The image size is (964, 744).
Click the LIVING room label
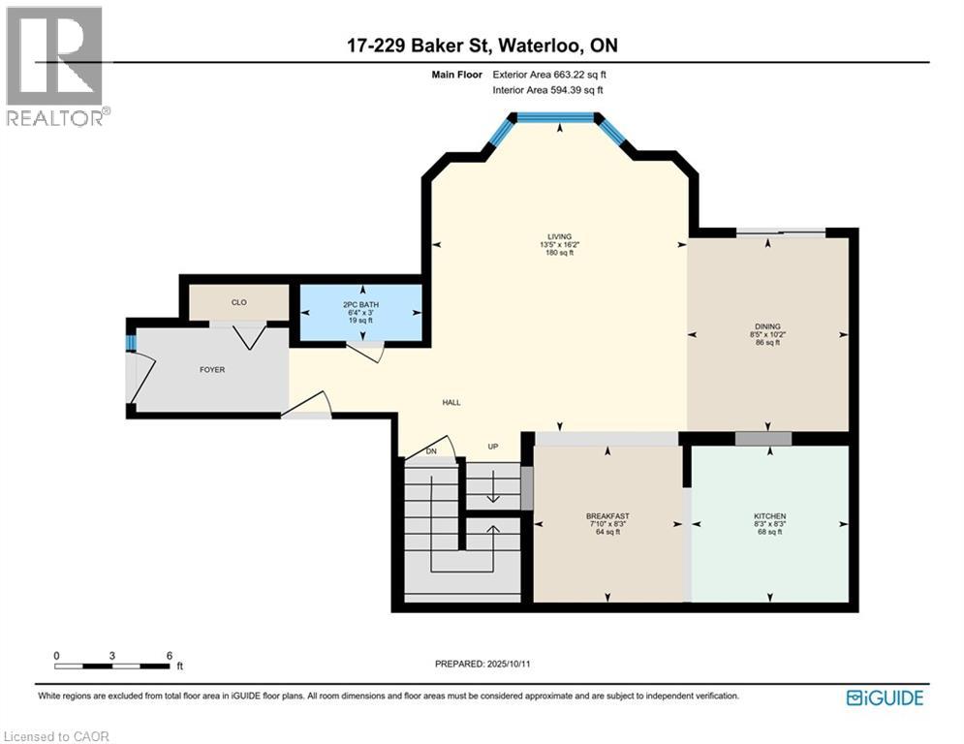[x=559, y=236]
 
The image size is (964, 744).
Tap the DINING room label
[x=767, y=326]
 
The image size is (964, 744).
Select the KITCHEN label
[x=769, y=516]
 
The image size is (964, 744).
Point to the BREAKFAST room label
[x=607, y=515]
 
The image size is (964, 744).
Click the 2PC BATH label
[x=361, y=305]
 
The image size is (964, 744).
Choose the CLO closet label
[x=238, y=302]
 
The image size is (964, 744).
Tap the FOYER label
[x=212, y=369]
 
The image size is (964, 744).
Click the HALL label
[x=451, y=402]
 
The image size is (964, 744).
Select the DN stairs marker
[x=432, y=452]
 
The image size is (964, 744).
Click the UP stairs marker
[x=492, y=447]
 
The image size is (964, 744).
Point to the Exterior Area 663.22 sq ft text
[x=549, y=75]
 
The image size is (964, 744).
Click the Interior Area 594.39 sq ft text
[x=547, y=90]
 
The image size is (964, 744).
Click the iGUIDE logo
[x=885, y=697]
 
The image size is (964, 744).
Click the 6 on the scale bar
[x=170, y=655]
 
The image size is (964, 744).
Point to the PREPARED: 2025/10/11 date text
[x=482, y=664]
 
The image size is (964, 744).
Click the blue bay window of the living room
[x=555, y=117]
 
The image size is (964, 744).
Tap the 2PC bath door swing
[x=366, y=353]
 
